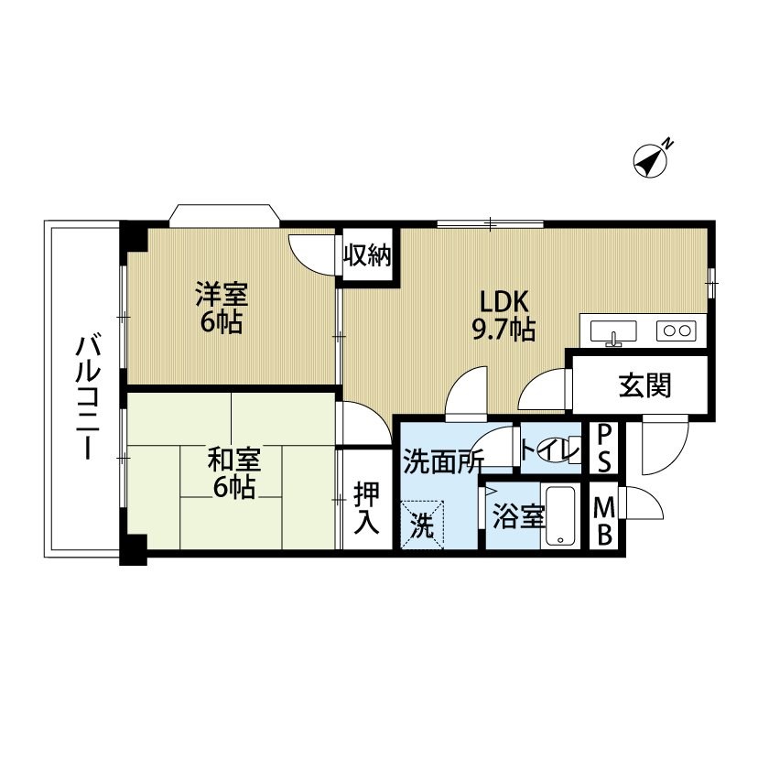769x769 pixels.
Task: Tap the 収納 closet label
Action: [367, 255]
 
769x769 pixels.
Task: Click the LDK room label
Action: [504, 303]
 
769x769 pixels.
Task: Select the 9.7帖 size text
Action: [504, 330]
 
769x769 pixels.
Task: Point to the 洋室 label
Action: [222, 294]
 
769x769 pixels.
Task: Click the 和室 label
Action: [234, 461]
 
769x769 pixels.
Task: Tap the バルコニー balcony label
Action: [88, 397]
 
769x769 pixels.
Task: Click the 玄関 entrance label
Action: [644, 385]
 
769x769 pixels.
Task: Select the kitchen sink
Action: [613, 332]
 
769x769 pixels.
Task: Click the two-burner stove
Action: [677, 330]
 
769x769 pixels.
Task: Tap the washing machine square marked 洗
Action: [422, 525]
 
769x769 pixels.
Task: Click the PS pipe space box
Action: [604, 449]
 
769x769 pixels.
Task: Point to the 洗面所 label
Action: [443, 461]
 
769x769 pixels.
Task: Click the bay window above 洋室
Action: [224, 215]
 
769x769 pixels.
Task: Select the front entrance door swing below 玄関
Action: [666, 444]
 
